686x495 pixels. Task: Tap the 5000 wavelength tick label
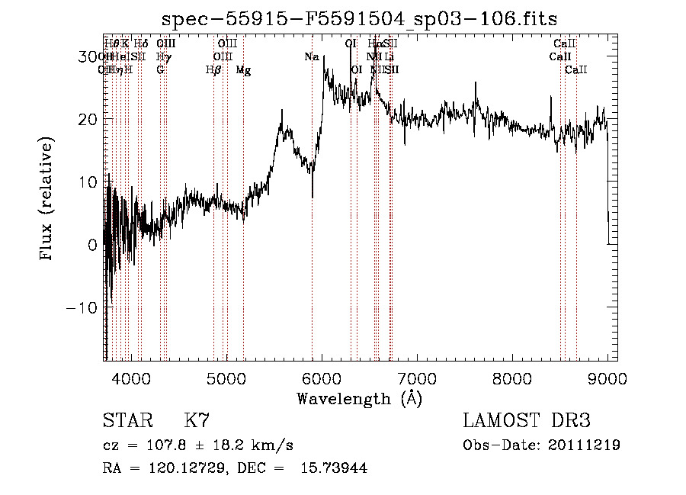(x=226, y=378)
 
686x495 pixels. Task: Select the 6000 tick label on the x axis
(x=322, y=378)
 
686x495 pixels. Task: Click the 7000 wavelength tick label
(x=417, y=378)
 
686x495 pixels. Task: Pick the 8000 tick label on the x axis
(x=512, y=378)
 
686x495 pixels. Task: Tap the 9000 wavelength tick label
(x=607, y=378)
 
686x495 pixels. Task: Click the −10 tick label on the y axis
(x=83, y=307)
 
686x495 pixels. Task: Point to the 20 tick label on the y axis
(x=88, y=119)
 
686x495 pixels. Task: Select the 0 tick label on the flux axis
(x=93, y=245)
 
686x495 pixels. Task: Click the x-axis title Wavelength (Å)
(x=359, y=398)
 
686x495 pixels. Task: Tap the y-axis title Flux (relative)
(x=47, y=200)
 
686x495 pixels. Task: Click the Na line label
(x=311, y=57)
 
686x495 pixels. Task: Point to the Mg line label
(x=243, y=70)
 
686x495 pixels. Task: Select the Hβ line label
(x=213, y=70)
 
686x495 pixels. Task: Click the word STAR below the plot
(x=127, y=421)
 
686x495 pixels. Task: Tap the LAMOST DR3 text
(x=526, y=421)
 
